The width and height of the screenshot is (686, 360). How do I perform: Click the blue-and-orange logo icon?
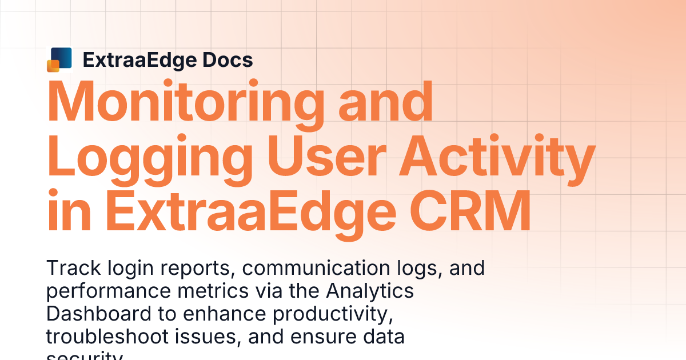[59, 59]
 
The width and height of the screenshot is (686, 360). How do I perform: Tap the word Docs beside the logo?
[226, 59]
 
